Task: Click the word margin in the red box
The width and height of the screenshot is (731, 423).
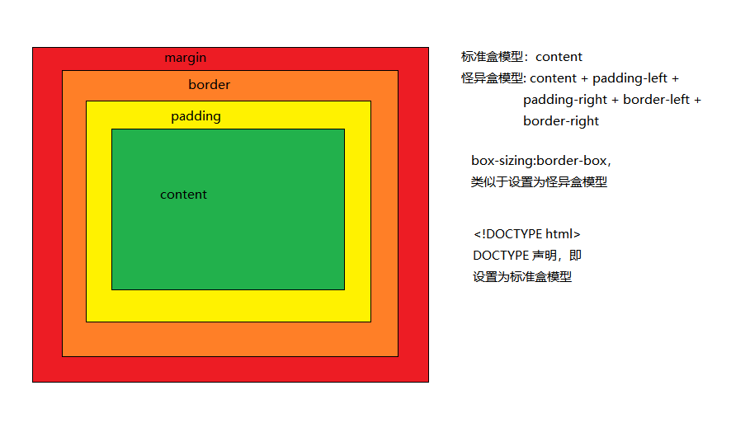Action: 186,58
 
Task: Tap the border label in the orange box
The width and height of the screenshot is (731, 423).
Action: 209,84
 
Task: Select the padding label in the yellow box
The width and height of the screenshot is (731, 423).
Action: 196,116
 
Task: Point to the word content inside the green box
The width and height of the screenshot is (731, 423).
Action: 183,195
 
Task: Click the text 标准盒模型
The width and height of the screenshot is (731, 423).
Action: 492,57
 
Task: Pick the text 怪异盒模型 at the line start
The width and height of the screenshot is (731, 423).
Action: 492,78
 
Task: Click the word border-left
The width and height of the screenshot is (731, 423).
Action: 656,100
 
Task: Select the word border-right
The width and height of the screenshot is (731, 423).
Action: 561,121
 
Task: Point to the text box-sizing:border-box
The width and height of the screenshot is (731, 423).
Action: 539,161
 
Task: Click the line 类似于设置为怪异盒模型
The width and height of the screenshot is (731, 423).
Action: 539,182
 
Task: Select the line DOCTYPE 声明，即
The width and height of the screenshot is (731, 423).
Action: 527,256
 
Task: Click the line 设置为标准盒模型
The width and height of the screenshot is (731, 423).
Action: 522,277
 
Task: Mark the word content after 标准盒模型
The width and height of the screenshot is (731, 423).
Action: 559,57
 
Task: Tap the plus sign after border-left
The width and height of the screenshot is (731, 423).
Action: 697,100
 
